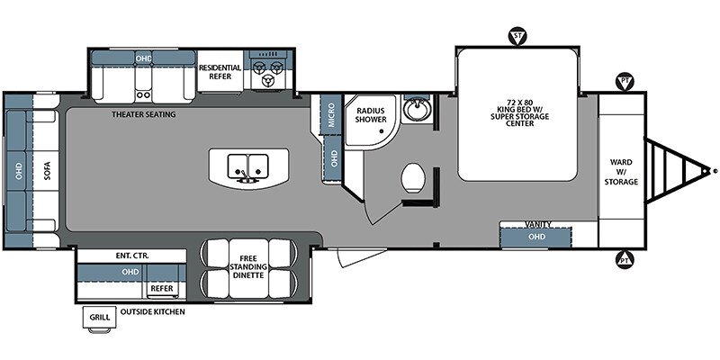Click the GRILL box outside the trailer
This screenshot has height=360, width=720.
100,318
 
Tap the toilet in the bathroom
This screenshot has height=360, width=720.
413,177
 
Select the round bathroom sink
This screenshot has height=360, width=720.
418,108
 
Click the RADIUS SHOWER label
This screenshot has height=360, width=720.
371,115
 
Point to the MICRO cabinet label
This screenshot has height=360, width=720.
331,115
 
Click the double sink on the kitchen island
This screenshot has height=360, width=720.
248,166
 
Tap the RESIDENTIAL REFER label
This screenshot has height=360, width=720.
220,72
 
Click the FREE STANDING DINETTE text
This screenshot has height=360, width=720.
248,266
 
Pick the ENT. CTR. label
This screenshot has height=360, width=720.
131,256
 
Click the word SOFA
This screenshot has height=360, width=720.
48,171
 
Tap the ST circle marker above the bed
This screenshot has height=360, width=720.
517,36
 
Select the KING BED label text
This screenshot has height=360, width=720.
516,113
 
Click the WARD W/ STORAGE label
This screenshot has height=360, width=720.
621,172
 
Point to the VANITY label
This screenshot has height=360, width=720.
537,224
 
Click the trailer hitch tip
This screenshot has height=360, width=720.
715,170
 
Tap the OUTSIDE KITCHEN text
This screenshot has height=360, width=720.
153,311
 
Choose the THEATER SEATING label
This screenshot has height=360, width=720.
144,114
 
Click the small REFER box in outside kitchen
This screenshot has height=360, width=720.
162,288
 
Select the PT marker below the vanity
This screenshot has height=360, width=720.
625,259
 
